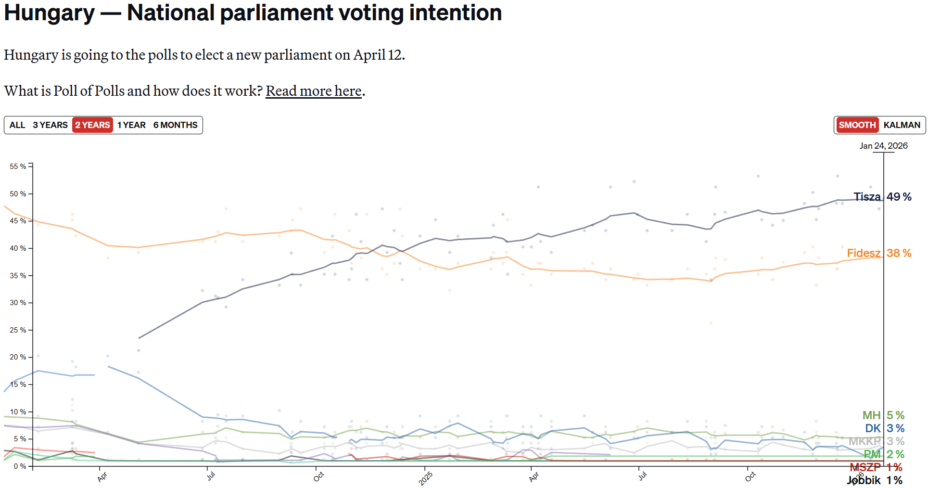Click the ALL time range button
pos(17,125)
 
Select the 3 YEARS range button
pos(50,125)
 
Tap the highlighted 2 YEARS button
pos(92,125)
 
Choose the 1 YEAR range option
pos(131,125)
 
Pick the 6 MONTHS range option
pos(175,125)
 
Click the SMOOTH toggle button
pos(857,125)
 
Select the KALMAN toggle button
pos(902,125)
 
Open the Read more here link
pos(314,91)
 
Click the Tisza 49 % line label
pos(882,197)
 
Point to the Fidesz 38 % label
pos(879,253)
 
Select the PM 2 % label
pos(884,454)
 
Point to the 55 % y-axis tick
pos(18,167)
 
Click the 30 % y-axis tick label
pos(18,303)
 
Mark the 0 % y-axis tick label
pos(20,466)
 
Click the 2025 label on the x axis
pos(426,478)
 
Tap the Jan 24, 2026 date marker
pos(883,146)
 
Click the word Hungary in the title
pos(50,13)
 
